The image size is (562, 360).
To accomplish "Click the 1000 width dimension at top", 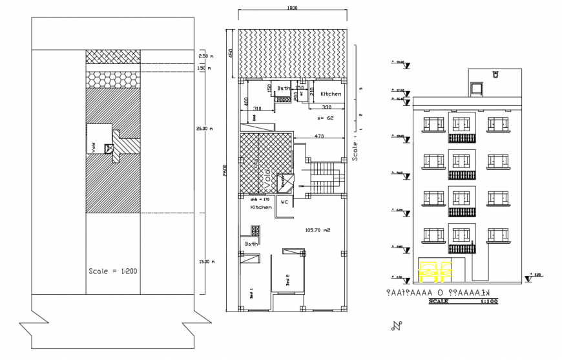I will pos(292,8).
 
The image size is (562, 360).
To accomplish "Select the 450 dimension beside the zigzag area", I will pos(229,54).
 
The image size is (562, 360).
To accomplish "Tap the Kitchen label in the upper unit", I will pos(330,94).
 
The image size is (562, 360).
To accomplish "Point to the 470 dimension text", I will pos(318,136).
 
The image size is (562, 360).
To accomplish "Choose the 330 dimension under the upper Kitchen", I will pos(326,107).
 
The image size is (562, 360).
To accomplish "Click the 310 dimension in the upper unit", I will pos(256,108).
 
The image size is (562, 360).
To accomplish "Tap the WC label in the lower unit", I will pos(283,201).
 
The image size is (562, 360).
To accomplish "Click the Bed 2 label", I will pos(287,279).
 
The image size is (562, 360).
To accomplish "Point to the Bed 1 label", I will pos(251,294).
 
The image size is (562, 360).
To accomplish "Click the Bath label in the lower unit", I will pos(251,244).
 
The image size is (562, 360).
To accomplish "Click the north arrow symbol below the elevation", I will pos(395,324).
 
